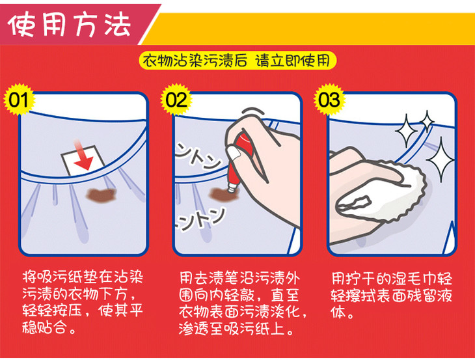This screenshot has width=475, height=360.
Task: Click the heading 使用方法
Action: (70, 25)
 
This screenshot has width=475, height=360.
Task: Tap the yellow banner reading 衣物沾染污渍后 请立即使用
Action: (238, 61)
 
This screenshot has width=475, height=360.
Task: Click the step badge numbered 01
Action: (19, 100)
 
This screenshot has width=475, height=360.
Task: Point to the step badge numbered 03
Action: (329, 100)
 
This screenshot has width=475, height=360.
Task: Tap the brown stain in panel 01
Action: (101, 195)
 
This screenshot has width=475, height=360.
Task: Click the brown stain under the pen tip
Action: (224, 194)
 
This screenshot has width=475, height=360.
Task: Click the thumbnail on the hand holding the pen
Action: (234, 154)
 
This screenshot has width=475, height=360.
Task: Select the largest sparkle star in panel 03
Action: (441, 159)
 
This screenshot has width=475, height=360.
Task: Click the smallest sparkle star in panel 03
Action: (427, 121)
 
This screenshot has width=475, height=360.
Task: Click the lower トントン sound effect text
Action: (200, 219)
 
